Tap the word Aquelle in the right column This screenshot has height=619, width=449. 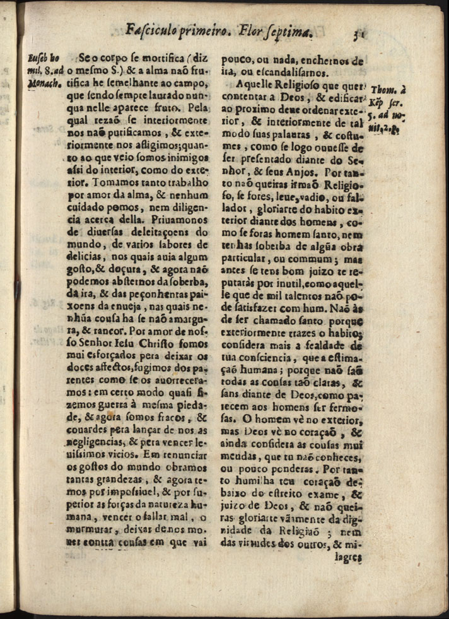(x=257, y=85)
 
